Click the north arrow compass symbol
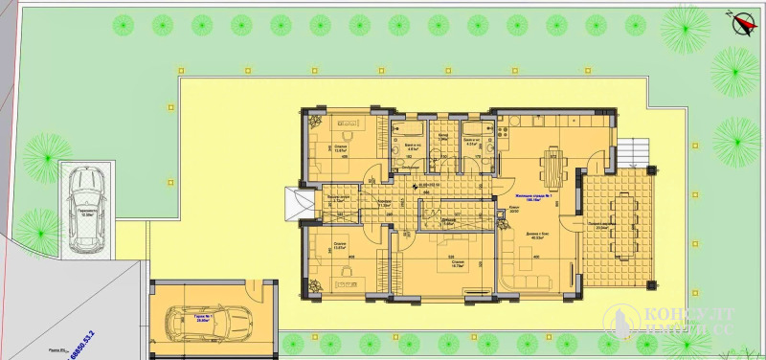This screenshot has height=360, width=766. [737, 20]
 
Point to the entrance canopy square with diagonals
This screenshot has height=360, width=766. [298, 203]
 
